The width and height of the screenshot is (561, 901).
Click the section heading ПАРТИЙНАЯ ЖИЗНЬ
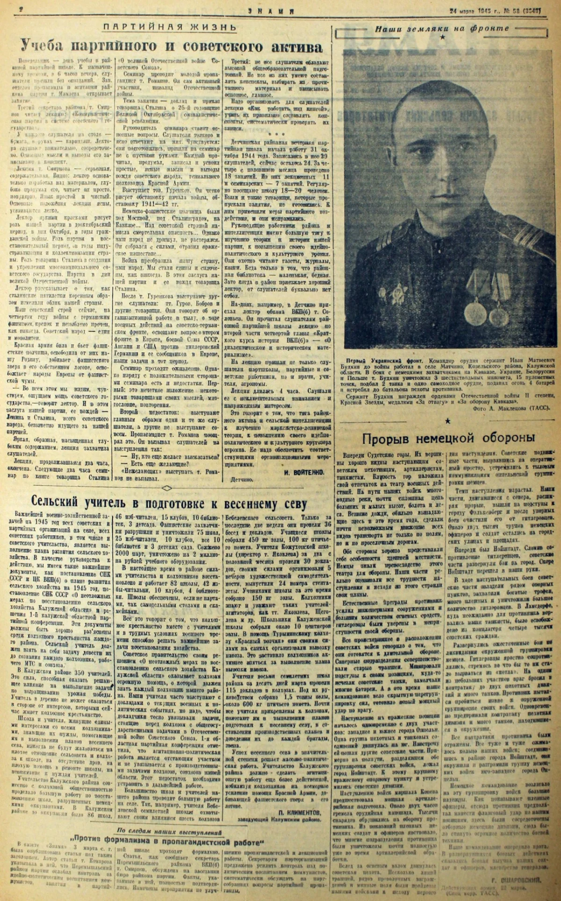tap(169, 27)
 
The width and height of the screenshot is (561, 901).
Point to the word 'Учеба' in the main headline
tap(45, 47)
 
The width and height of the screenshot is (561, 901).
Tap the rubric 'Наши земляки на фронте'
tap(442, 28)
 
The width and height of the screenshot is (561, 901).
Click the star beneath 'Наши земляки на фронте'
tap(442, 37)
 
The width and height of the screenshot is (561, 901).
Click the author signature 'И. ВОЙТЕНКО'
tap(304, 472)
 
